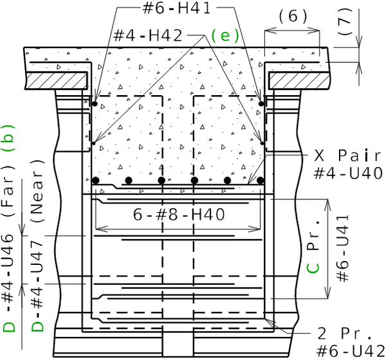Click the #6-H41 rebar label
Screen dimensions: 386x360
(x=176, y=8)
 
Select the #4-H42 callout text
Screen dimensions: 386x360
(x=148, y=35)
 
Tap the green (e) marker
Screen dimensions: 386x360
(x=225, y=35)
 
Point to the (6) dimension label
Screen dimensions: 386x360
(x=293, y=17)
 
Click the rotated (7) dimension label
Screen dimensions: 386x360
(x=344, y=22)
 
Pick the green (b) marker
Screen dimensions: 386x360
(x=8, y=138)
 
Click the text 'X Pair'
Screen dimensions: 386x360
(x=347, y=156)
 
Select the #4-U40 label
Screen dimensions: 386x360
(x=348, y=173)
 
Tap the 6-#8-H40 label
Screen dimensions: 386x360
(x=179, y=214)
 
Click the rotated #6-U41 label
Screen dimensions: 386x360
(x=343, y=248)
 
